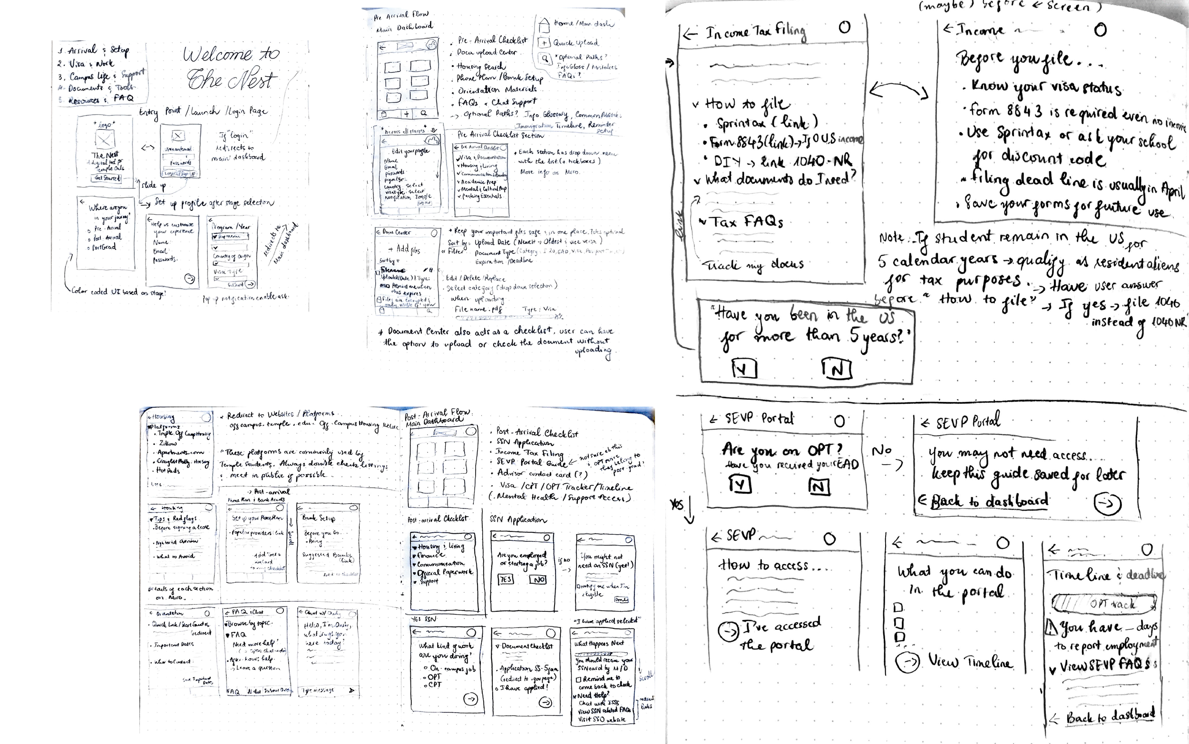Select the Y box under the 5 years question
click(x=744, y=369)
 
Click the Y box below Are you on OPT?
click(x=740, y=485)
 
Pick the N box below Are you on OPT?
click(x=819, y=487)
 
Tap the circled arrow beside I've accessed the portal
click(x=728, y=631)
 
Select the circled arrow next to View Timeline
click(x=906, y=662)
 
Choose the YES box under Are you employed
click(x=506, y=579)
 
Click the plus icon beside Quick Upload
click(x=544, y=43)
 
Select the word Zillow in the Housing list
click(x=167, y=443)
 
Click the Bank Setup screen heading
click(x=319, y=518)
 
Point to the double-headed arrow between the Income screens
click(x=898, y=90)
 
